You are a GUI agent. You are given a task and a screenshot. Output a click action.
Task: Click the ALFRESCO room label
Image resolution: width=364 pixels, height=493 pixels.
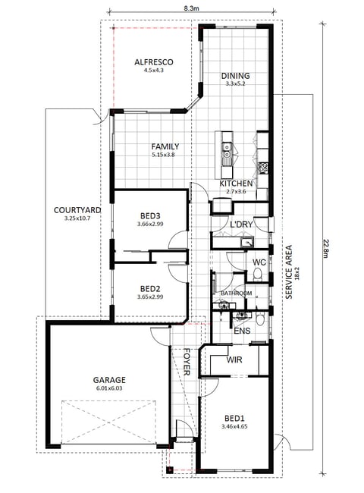154,62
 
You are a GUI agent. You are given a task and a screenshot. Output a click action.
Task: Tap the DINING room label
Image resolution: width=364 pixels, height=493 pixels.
235,76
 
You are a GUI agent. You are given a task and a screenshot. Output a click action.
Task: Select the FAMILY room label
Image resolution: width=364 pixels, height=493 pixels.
165,146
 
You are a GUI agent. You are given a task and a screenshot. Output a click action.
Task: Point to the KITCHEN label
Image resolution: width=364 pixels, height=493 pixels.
236,184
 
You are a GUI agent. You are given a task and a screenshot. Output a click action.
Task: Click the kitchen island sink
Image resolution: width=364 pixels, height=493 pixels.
226,150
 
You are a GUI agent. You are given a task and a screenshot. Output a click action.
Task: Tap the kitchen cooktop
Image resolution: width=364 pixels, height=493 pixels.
263,168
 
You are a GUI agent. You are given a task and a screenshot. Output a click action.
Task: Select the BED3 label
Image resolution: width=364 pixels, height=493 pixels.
150,216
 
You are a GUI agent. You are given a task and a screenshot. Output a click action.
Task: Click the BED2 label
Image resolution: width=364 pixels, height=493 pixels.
150,289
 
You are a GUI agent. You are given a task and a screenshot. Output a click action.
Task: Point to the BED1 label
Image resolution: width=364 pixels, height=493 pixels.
234,419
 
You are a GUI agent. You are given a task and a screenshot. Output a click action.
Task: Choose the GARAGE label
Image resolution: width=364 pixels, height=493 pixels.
109,380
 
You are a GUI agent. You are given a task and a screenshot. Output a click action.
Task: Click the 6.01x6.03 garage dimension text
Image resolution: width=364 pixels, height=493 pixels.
109,388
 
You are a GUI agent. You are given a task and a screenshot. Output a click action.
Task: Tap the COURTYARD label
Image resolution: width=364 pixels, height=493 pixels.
77,210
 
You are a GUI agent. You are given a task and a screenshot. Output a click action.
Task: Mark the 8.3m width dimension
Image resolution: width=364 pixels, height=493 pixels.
191,8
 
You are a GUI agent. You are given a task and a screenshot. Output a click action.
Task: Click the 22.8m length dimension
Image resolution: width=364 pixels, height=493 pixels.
326,248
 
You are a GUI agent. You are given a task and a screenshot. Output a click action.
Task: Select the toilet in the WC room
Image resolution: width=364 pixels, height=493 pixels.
258,274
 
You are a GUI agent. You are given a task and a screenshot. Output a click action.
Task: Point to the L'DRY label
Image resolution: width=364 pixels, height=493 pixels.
241,225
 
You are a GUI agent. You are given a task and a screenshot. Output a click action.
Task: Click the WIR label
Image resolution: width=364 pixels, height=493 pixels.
234,360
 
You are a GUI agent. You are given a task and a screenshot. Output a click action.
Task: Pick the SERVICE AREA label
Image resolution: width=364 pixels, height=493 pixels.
289,272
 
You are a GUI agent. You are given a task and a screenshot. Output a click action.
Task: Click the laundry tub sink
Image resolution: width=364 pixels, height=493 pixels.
247,242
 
